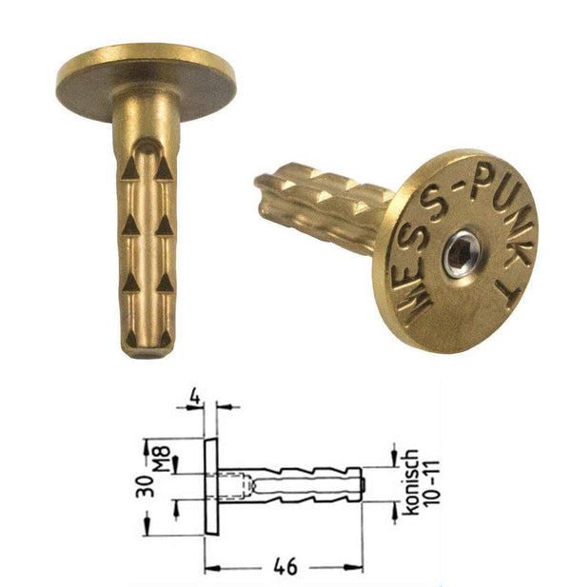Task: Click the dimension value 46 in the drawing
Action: (283, 566)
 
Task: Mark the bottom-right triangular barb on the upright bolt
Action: (164, 283)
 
